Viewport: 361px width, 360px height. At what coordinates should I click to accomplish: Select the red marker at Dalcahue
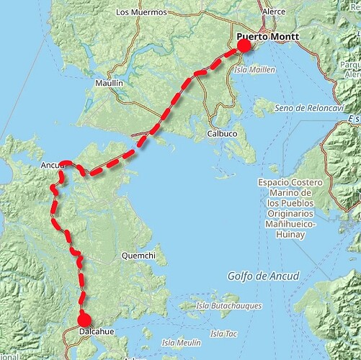(84, 320)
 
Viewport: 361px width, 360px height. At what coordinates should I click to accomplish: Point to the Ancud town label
(53, 166)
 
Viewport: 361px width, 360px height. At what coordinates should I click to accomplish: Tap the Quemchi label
(138, 256)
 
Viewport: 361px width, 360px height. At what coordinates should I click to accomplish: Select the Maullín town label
(110, 84)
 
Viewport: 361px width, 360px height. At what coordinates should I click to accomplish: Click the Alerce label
(274, 12)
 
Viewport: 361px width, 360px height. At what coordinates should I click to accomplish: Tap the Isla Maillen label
(254, 69)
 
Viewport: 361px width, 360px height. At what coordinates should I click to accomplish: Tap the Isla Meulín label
(181, 342)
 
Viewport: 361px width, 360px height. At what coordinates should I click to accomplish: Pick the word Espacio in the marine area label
(275, 184)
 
